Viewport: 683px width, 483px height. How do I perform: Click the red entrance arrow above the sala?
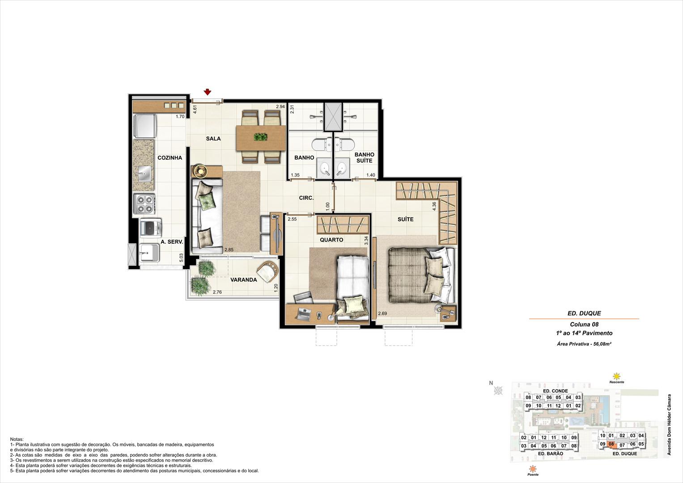pyautogui.click(x=208, y=92)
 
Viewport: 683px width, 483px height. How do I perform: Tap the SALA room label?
pyautogui.click(x=213, y=139)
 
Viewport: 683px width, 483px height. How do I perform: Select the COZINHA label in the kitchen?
pyautogui.click(x=170, y=157)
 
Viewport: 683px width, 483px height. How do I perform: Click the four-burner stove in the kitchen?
pyautogui.click(x=144, y=203)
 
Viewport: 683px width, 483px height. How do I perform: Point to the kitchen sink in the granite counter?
pyautogui.click(x=145, y=173)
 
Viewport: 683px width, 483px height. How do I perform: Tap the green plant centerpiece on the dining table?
pyautogui.click(x=261, y=137)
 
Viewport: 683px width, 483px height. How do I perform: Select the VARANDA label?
pyautogui.click(x=243, y=280)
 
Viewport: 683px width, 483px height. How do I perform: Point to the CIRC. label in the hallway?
pyautogui.click(x=306, y=198)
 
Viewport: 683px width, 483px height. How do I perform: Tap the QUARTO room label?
pyautogui.click(x=331, y=240)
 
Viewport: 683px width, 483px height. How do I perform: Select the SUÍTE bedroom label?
pyautogui.click(x=406, y=219)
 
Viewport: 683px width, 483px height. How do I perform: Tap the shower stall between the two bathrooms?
pyautogui.click(x=333, y=117)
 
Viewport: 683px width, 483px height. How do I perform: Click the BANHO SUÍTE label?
pyautogui.click(x=365, y=157)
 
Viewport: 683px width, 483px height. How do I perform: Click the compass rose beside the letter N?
pyautogui.click(x=498, y=390)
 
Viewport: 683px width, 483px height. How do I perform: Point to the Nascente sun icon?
pyautogui.click(x=616, y=376)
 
